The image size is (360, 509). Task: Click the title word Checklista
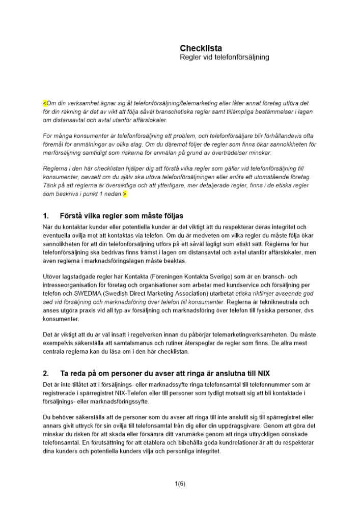pyautogui.click(x=201, y=48)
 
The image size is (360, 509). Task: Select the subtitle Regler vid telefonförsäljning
pyautogui.click(x=225, y=58)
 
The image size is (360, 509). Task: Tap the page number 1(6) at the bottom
pyautogui.click(x=180, y=484)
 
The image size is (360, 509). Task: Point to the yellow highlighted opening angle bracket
pyautogui.click(x=44, y=103)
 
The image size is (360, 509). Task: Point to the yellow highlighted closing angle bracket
pyautogui.click(x=124, y=194)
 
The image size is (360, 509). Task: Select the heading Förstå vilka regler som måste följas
pyautogui.click(x=121, y=216)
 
